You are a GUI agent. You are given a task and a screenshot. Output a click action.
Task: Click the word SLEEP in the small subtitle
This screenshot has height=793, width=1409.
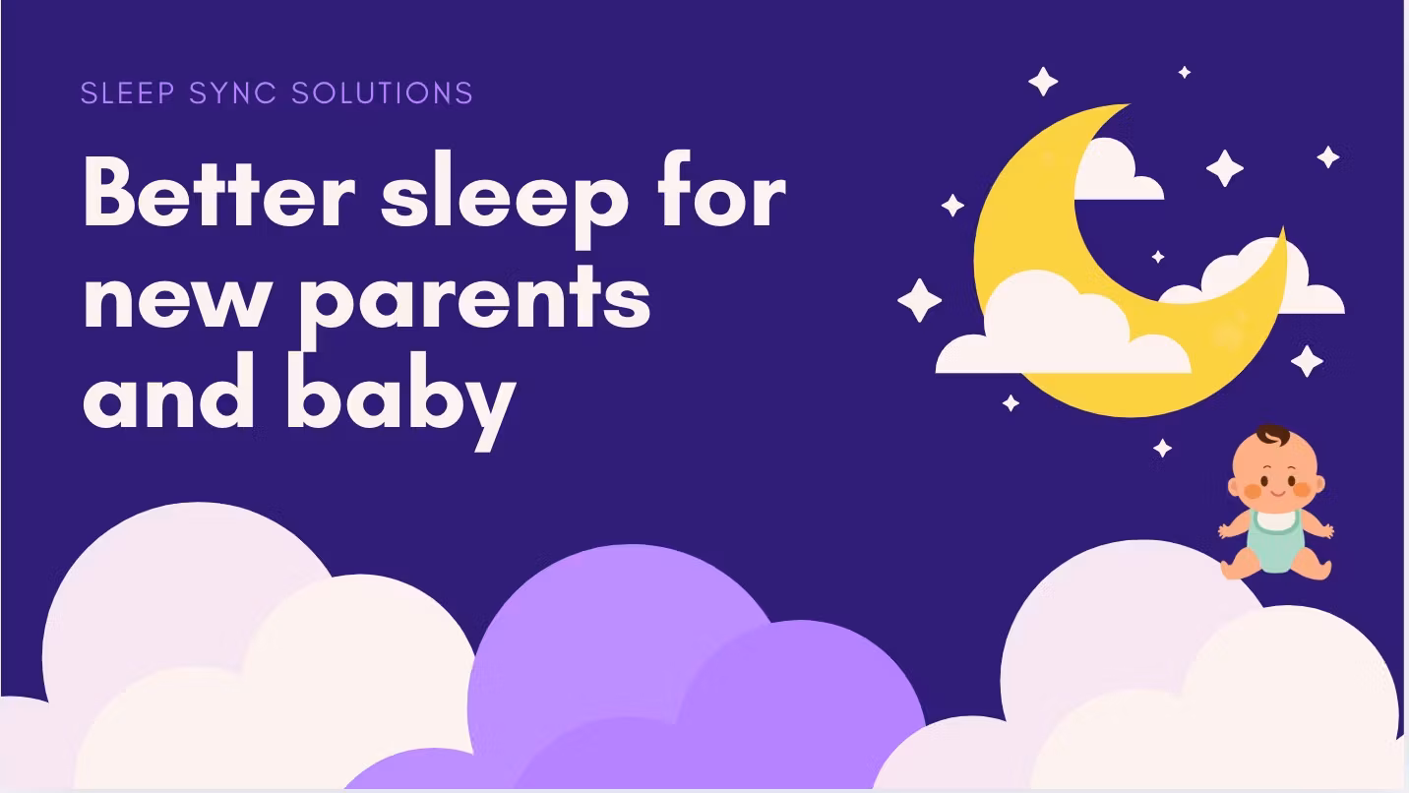coord(129,93)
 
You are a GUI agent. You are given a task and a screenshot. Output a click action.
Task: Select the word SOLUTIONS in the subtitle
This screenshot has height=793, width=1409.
coord(383,93)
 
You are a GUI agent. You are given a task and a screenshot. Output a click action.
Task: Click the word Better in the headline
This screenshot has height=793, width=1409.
coord(218,194)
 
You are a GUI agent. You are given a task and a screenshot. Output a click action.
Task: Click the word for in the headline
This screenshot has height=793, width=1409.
coord(721,194)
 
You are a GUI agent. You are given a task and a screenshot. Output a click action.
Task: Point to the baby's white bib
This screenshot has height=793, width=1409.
coord(1276,520)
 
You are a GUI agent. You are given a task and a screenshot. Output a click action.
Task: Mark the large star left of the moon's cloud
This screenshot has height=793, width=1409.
coord(919,300)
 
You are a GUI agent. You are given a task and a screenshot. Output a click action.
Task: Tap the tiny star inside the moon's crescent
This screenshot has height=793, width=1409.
coord(1158,257)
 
